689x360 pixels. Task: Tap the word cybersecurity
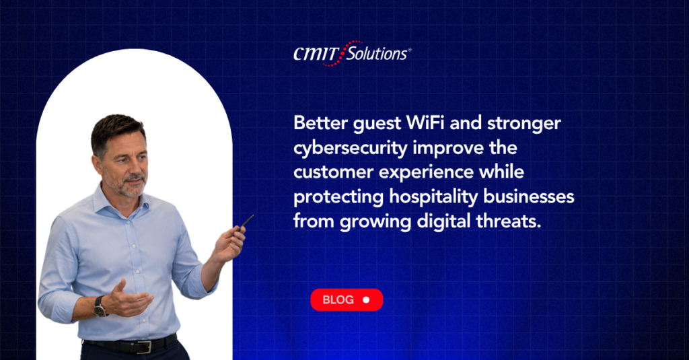350,148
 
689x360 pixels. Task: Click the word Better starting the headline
321,122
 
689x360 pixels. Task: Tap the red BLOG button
347,300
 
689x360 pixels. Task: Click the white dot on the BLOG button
366,300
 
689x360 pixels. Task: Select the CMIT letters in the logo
316,54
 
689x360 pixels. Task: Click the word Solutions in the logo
377,54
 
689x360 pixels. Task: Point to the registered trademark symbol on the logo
410,50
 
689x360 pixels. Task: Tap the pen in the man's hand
246,222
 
